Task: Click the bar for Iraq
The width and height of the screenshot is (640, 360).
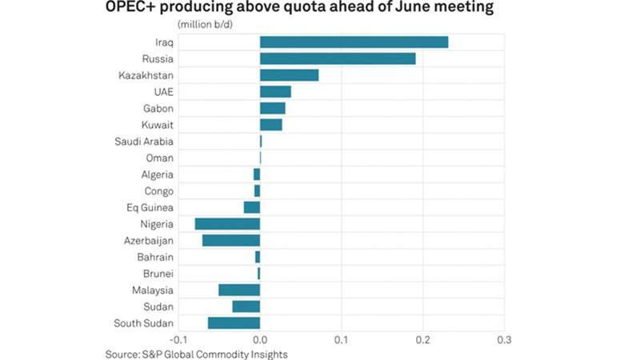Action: point(354,42)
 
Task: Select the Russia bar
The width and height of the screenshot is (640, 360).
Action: point(338,58)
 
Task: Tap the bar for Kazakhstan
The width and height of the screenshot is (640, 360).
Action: point(289,75)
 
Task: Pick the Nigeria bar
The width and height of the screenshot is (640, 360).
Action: point(227,224)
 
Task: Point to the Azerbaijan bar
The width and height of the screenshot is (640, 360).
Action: point(231,240)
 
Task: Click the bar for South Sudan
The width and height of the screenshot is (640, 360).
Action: point(234,323)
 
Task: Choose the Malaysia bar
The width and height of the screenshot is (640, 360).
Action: point(239,290)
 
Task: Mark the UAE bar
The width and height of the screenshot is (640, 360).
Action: point(275,91)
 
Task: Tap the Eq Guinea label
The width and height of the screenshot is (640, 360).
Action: point(150,208)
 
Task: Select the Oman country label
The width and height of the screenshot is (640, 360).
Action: point(160,158)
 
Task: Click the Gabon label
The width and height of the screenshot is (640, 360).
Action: point(158,108)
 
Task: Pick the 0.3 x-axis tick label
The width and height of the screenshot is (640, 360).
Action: point(504,338)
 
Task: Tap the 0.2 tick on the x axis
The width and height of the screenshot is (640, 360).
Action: point(422,338)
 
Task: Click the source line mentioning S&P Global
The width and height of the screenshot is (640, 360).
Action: point(196,353)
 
